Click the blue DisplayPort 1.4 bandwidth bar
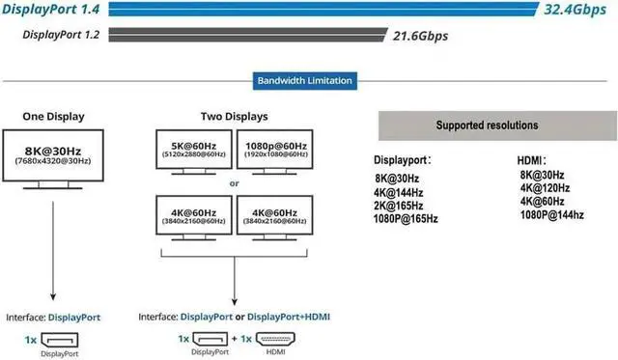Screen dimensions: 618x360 point(323,9)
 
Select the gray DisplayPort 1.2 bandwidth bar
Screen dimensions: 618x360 point(247,35)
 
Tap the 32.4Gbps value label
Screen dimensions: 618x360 point(576,10)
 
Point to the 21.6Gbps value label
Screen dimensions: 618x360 point(421,36)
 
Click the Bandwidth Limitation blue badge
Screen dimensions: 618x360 point(305,81)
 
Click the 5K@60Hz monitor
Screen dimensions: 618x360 point(194,152)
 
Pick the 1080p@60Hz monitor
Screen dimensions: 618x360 point(275,152)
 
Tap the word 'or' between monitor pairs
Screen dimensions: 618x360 point(234,183)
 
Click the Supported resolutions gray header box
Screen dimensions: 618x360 point(498,125)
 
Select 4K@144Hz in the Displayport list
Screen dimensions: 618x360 point(399,193)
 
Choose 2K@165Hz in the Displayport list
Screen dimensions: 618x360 point(399,206)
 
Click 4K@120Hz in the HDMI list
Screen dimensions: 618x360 point(545,188)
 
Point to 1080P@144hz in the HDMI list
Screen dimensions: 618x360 point(551,215)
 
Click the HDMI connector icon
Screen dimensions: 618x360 point(275,339)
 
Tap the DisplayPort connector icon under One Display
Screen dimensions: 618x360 point(60,340)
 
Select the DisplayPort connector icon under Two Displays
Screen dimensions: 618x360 point(211,339)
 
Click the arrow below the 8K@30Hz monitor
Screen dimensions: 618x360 point(53,251)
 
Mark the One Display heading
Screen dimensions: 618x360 point(54,117)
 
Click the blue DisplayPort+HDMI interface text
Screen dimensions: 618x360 point(289,317)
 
